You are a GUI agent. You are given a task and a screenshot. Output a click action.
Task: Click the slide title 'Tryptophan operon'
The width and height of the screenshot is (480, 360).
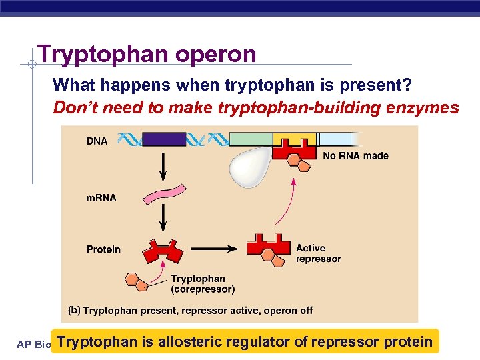coord(147,53)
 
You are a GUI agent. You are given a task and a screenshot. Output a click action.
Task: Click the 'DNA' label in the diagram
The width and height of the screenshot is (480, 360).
coord(97,141)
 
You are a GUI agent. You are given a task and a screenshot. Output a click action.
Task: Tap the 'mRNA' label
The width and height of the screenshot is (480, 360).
coord(101,198)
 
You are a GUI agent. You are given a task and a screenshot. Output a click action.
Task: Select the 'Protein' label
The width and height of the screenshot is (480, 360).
coord(103,249)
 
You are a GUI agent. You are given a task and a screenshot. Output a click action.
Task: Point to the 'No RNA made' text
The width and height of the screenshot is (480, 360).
coord(355,156)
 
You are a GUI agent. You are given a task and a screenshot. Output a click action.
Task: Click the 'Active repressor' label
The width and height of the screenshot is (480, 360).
coord(318,253)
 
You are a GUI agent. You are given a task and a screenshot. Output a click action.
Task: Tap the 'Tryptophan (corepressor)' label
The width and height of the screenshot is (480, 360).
coord(203,284)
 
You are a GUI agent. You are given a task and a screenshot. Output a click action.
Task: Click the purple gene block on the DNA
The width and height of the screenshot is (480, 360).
coord(164,139)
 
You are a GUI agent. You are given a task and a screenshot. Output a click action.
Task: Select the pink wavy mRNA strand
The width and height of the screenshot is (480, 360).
coord(163,195)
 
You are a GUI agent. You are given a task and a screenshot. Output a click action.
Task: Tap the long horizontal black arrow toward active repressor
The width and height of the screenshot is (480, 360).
coord(212,248)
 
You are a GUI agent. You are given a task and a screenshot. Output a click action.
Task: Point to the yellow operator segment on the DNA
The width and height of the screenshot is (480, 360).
coord(294,139)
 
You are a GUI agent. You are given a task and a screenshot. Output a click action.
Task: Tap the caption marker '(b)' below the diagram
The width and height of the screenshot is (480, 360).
coord(74,311)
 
